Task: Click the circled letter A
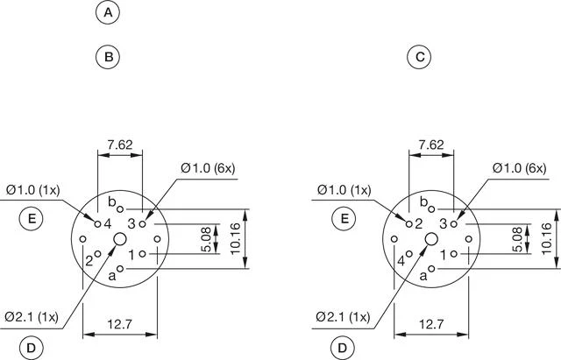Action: (x=107, y=13)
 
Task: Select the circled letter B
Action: (x=107, y=57)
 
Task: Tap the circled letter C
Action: (x=420, y=57)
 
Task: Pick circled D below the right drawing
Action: (x=343, y=348)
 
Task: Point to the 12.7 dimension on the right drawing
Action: (x=430, y=325)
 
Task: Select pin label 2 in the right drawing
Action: (x=419, y=224)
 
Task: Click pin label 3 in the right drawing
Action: (x=443, y=224)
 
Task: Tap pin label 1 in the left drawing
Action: (x=131, y=254)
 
